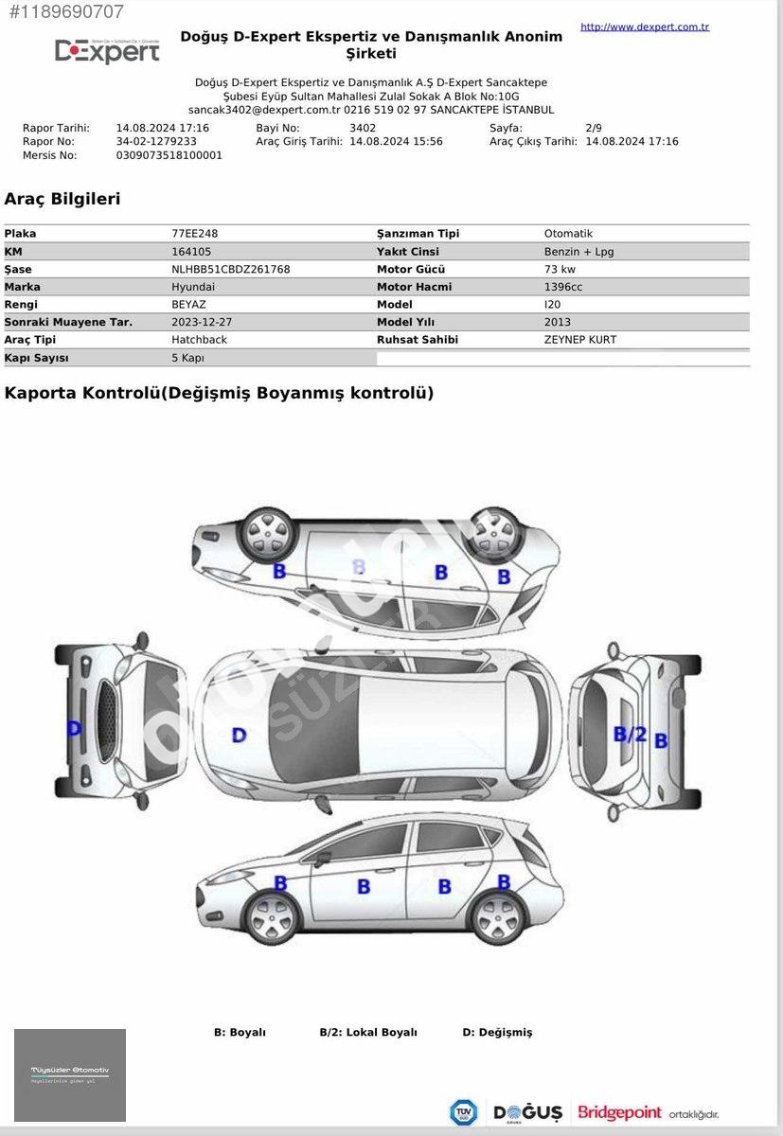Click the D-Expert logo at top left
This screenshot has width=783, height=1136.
pos(107,51)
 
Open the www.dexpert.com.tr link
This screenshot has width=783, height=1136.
pos(644,27)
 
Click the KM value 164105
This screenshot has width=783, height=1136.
pos(191,252)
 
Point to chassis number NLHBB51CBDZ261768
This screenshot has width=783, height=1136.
pos(231,269)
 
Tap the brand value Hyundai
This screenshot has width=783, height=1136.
pos(193,287)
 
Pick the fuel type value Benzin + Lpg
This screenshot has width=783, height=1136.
pos(578,252)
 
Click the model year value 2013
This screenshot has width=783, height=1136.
pos(558,322)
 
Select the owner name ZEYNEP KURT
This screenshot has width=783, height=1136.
pos(580,340)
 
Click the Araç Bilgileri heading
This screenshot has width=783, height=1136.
pos(62,199)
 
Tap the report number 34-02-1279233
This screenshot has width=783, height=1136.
pos(156,141)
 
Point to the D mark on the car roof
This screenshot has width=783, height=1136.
pos(239,735)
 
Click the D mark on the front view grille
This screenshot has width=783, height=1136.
pos(74,729)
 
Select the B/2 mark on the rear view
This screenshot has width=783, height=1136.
pos(630,734)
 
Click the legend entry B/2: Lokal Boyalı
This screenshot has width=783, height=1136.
pos(368,1032)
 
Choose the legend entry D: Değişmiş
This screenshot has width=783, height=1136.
pos(497,1032)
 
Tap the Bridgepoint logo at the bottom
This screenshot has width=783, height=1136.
pos(620,1111)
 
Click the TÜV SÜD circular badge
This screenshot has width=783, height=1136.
pos(463,1112)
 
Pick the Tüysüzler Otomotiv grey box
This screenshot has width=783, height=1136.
pos(70,1075)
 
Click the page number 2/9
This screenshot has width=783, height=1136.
pos(594,128)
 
